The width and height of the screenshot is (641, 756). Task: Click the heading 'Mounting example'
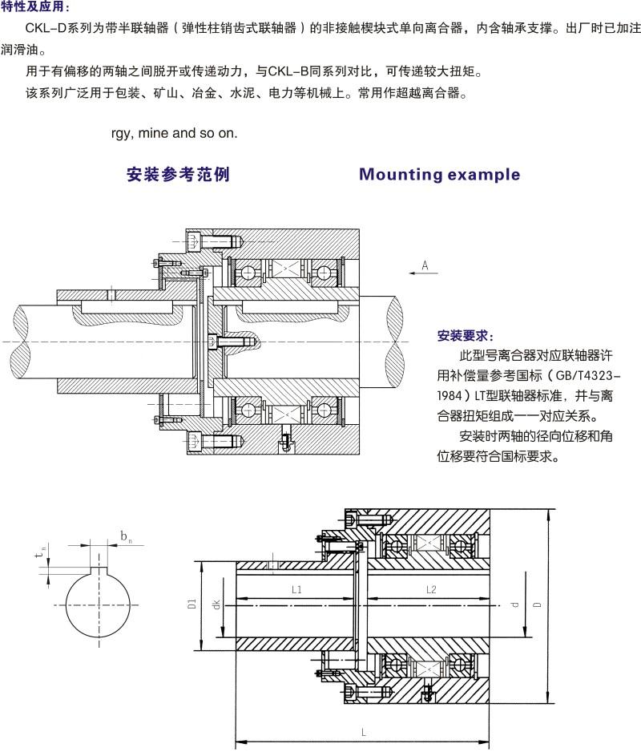tap(439, 175)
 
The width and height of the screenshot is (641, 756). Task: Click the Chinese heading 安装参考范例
tap(178, 175)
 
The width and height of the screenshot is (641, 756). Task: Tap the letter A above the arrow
tap(425, 264)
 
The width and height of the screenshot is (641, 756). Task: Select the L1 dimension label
tap(296, 589)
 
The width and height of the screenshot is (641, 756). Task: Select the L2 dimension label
tap(430, 589)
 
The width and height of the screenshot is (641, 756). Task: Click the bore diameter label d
tap(515, 601)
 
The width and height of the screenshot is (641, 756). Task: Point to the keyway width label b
tap(125, 535)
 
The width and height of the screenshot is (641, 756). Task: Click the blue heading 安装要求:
tap(466, 334)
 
